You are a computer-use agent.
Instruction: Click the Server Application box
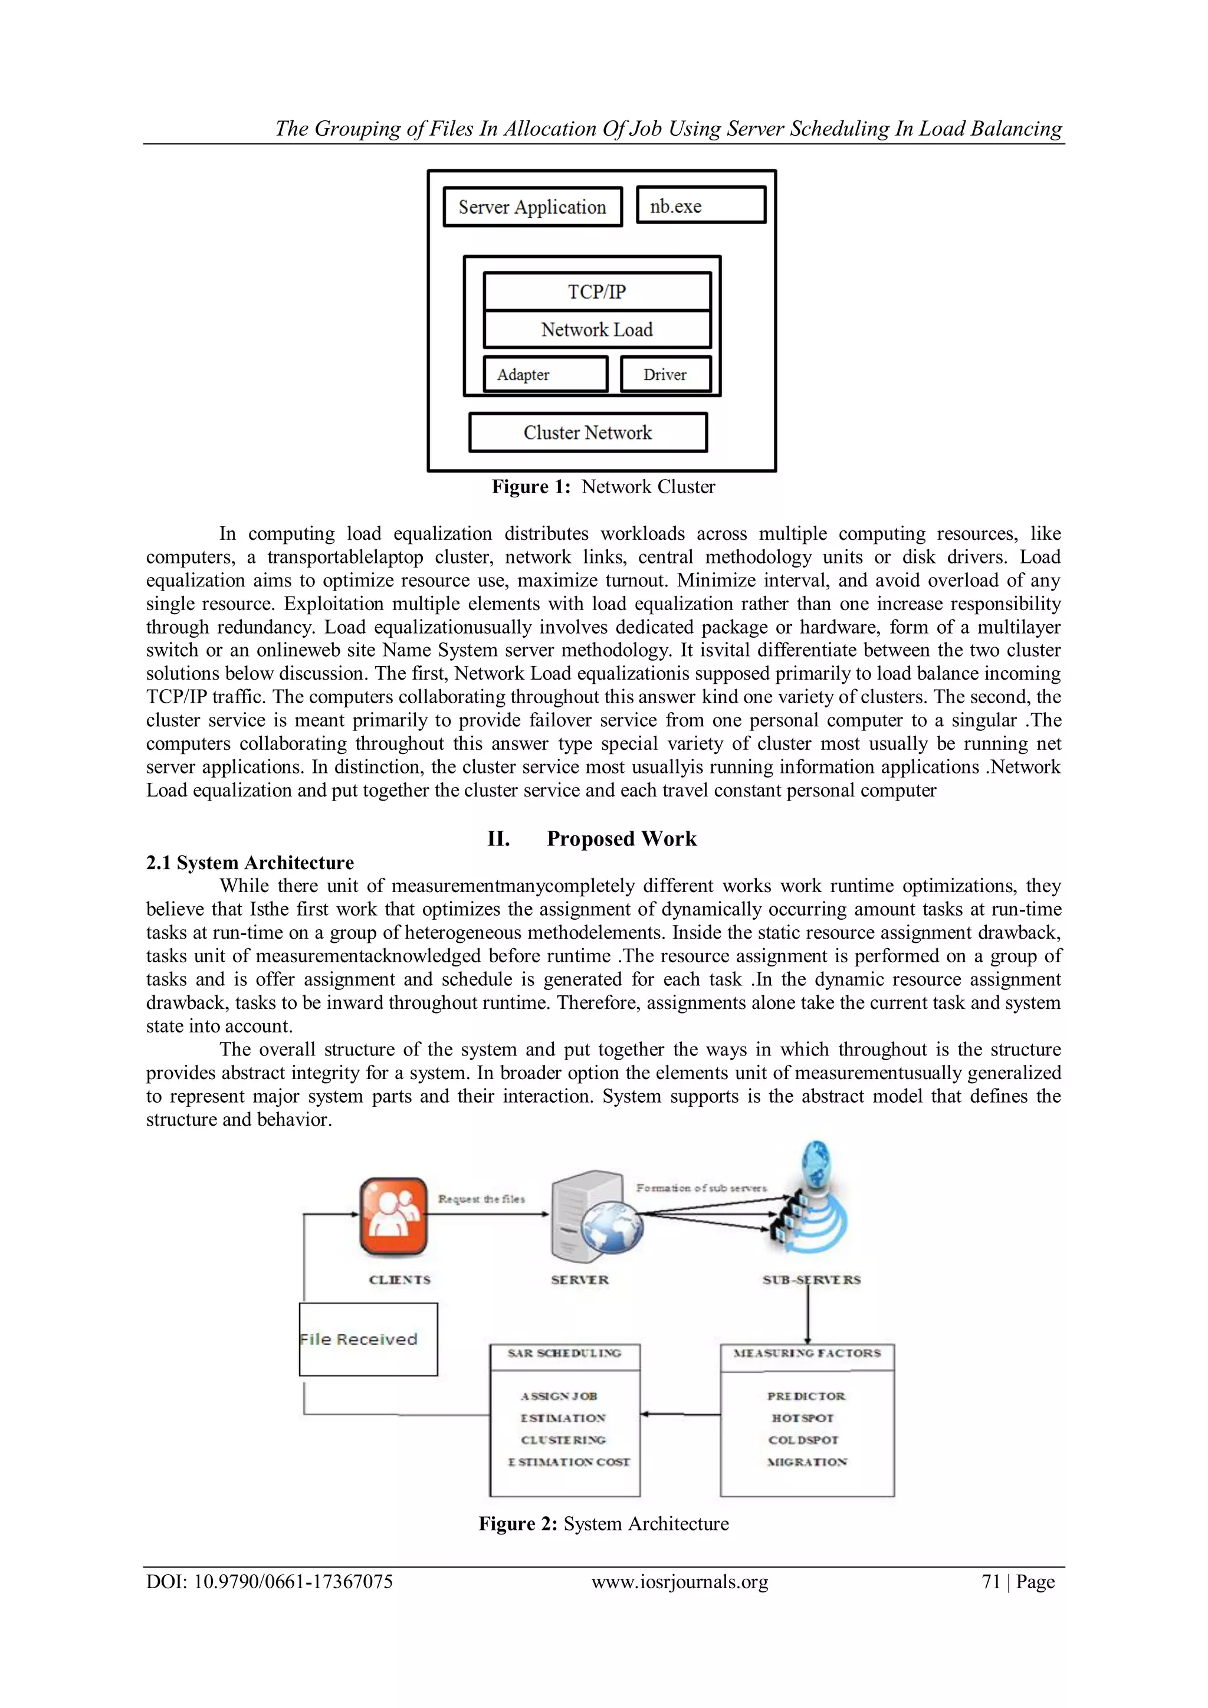coord(532,207)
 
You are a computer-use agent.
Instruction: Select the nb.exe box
coord(701,205)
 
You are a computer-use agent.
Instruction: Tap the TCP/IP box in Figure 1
coord(596,291)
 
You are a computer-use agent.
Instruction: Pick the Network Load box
coord(596,330)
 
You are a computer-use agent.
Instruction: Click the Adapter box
coord(545,374)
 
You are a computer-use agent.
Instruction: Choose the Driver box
coord(665,374)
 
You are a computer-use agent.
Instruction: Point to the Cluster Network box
coord(587,432)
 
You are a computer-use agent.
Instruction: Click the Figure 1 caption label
coord(603,487)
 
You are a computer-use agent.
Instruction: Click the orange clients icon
coord(393,1217)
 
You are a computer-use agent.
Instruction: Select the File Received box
coord(368,1339)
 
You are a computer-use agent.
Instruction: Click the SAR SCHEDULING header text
coord(564,1353)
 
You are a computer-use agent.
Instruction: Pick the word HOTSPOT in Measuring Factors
coord(803,1418)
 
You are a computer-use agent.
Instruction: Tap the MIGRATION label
coord(807,1462)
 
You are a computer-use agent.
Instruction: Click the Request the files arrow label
coord(481,1199)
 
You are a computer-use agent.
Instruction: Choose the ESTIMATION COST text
coord(569,1462)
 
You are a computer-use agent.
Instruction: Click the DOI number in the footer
coord(270,1582)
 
